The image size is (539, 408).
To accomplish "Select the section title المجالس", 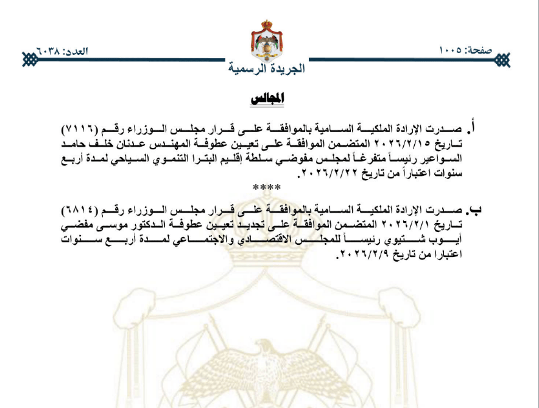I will [267, 98].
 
